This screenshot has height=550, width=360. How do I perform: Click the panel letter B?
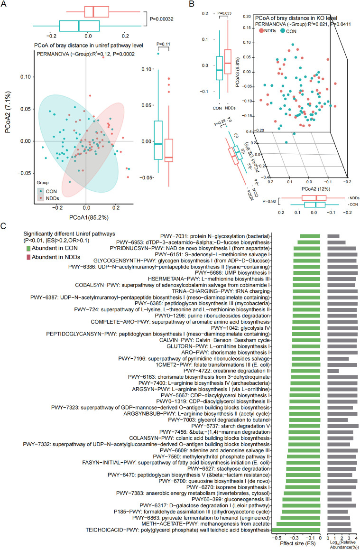click(192, 4)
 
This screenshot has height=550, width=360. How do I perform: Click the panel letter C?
click(3, 226)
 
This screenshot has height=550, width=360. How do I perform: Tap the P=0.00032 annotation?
click(162, 19)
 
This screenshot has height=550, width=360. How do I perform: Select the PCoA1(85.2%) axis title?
click(89, 217)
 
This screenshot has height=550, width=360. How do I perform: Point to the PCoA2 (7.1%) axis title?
click(8, 112)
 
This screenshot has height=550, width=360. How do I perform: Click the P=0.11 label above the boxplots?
click(163, 44)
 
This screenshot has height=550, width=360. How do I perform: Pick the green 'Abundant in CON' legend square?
click(28, 248)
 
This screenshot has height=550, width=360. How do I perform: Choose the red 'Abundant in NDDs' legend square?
click(28, 258)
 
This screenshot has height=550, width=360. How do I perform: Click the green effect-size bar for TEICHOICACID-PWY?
click(296, 530)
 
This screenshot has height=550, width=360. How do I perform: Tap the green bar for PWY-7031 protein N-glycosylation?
click(310, 236)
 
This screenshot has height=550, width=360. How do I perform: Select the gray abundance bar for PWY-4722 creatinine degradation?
click(333, 371)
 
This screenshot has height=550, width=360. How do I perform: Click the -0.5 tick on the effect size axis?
click(277, 538)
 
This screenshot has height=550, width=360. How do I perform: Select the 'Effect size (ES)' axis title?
click(297, 544)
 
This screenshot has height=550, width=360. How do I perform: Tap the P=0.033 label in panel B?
click(224, 13)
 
